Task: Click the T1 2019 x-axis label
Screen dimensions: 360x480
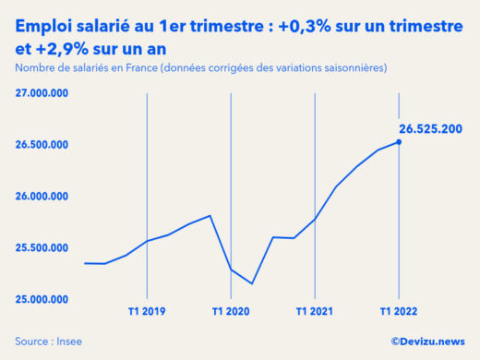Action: pyautogui.click(x=147, y=311)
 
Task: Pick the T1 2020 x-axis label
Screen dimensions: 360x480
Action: pyautogui.click(x=231, y=311)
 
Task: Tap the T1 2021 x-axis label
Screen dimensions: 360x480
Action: pyautogui.click(x=315, y=311)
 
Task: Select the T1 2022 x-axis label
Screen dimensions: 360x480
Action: pyautogui.click(x=399, y=311)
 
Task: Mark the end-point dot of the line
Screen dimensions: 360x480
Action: pyautogui.click(x=399, y=141)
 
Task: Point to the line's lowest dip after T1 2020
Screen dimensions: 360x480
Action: pyautogui.click(x=252, y=283)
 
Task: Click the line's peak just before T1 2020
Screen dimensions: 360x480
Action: pyautogui.click(x=210, y=216)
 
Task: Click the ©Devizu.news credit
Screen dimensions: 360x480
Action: pyautogui.click(x=427, y=342)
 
